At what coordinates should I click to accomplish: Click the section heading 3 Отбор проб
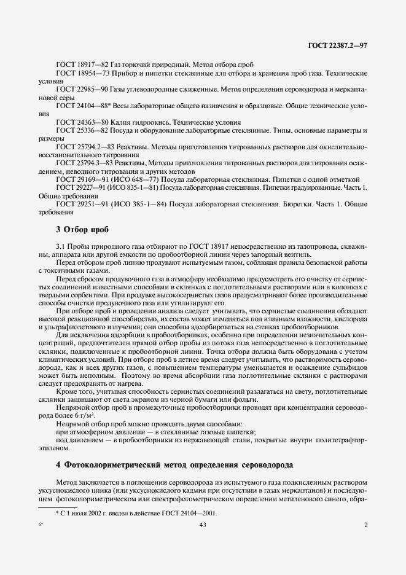pyautogui.click(x=82, y=230)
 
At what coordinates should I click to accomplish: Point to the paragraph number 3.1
pyautogui.click(x=61, y=247)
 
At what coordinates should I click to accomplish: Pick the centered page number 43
pyautogui.click(x=203, y=525)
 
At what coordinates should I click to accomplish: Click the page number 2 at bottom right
pyautogui.click(x=365, y=525)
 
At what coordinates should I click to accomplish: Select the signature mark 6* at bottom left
pyautogui.click(x=40, y=525)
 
